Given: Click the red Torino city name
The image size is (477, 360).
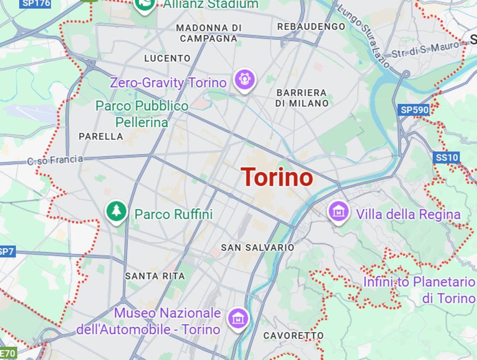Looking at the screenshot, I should click(277, 177).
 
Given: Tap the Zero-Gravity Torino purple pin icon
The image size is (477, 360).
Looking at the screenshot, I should click(244, 79).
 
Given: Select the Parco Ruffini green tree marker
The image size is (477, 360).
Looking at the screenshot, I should click(117, 211).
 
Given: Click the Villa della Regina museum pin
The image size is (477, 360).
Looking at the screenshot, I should click(339, 211).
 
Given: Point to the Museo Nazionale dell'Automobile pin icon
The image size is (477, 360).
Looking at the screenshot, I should click(238, 318).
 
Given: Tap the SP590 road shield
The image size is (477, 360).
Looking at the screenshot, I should click(414, 110).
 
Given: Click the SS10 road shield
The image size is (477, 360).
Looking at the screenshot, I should click(446, 157).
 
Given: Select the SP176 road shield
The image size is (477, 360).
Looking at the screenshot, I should click(35, 4).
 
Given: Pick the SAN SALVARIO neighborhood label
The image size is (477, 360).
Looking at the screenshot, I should click(257, 247).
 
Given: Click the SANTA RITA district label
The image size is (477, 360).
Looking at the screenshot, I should click(155, 276).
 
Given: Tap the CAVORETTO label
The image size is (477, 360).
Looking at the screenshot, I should click(293, 335).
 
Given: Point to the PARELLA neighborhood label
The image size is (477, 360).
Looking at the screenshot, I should click(101, 136).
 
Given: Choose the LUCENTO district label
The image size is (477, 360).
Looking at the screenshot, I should click(167, 59).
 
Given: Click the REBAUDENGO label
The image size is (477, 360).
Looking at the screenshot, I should click(311, 27).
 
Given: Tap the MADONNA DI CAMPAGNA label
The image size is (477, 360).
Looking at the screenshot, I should click(209, 33).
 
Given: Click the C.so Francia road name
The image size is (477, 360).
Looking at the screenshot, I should click(55, 160).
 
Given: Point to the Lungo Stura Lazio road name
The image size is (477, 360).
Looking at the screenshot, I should click(364, 35).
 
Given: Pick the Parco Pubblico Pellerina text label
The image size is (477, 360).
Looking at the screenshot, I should click(142, 114).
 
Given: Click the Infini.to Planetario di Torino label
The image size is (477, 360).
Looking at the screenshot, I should click(419, 290).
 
